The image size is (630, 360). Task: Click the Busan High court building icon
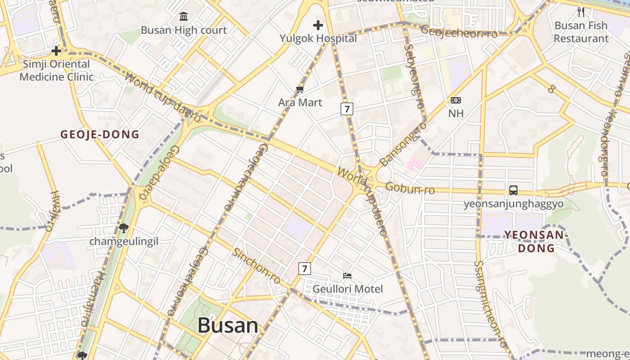(184, 17)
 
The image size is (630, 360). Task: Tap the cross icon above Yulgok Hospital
(318, 25)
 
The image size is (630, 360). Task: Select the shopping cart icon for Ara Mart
(300, 90)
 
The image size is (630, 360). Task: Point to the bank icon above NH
(456, 100)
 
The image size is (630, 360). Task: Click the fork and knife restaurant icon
(581, 12)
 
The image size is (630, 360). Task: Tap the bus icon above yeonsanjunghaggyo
(513, 190)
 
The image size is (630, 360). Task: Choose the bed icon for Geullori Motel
(347, 275)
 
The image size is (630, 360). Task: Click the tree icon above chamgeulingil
(124, 228)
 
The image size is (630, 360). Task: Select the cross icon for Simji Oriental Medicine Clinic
(56, 50)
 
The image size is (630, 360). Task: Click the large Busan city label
(228, 325)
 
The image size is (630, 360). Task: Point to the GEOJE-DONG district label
(100, 134)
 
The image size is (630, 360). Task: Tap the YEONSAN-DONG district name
(536, 241)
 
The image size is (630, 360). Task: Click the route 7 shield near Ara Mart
(346, 108)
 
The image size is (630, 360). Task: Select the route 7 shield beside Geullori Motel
(305, 269)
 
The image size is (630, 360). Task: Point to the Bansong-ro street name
(403, 144)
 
